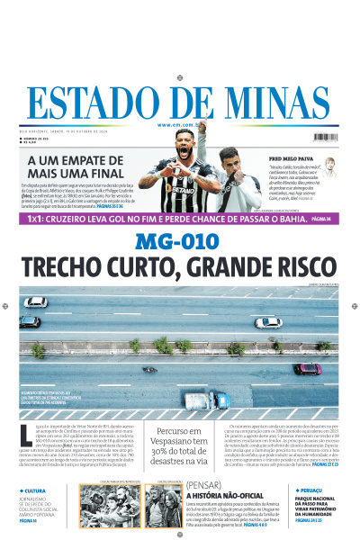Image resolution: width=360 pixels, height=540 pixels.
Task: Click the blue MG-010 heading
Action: (x=178, y=242)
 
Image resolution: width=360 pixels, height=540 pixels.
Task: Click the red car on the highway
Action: (x=307, y=368)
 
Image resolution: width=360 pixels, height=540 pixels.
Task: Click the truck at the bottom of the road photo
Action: (x=206, y=400)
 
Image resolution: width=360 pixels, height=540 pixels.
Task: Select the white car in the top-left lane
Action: (x=36, y=301)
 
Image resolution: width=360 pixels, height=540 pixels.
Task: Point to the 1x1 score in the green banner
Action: (x=34, y=219)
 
